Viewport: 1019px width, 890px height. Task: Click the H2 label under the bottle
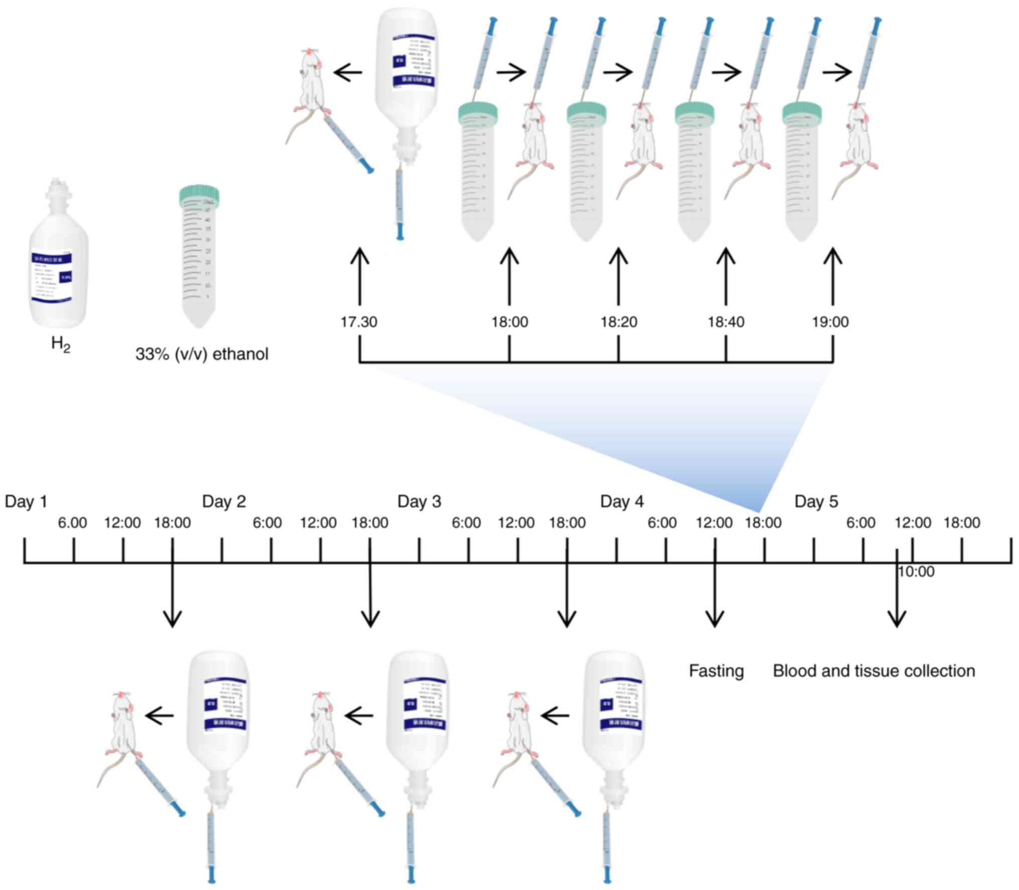[61, 345]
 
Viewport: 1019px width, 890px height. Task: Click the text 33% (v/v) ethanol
[202, 354]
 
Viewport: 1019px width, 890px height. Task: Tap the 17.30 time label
[359, 322]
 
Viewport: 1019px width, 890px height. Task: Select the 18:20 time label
[619, 322]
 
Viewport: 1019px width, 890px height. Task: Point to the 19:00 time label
[830, 322]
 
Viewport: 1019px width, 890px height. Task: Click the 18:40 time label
[726, 322]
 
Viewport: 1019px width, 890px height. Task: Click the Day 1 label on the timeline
[26, 501]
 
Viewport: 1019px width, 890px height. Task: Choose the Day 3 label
[419, 501]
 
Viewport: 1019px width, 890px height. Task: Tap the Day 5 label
[816, 501]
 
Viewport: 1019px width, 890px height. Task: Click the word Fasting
[716, 671]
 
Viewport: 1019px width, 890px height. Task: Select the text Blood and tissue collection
[874, 671]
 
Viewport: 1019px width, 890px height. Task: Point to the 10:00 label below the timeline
[916, 572]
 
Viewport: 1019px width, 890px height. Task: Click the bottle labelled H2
[58, 261]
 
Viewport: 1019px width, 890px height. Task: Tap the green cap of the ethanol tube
[199, 195]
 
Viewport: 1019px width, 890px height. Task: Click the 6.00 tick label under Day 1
[72, 523]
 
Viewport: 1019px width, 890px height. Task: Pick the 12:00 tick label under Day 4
[714, 523]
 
